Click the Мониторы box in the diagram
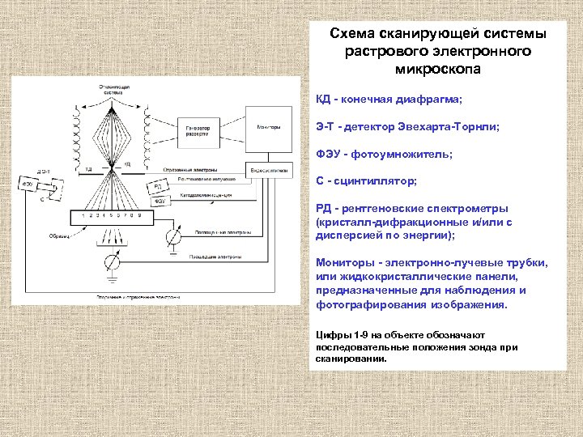coord(268,127)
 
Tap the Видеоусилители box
coord(268,171)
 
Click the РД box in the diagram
coord(159,186)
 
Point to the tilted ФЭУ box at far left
coord(28,185)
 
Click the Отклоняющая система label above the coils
coord(113,88)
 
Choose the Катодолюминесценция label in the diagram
coord(206,195)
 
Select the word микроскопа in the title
coord(437,70)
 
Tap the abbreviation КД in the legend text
coord(324,100)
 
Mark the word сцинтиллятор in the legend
coord(378,180)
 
